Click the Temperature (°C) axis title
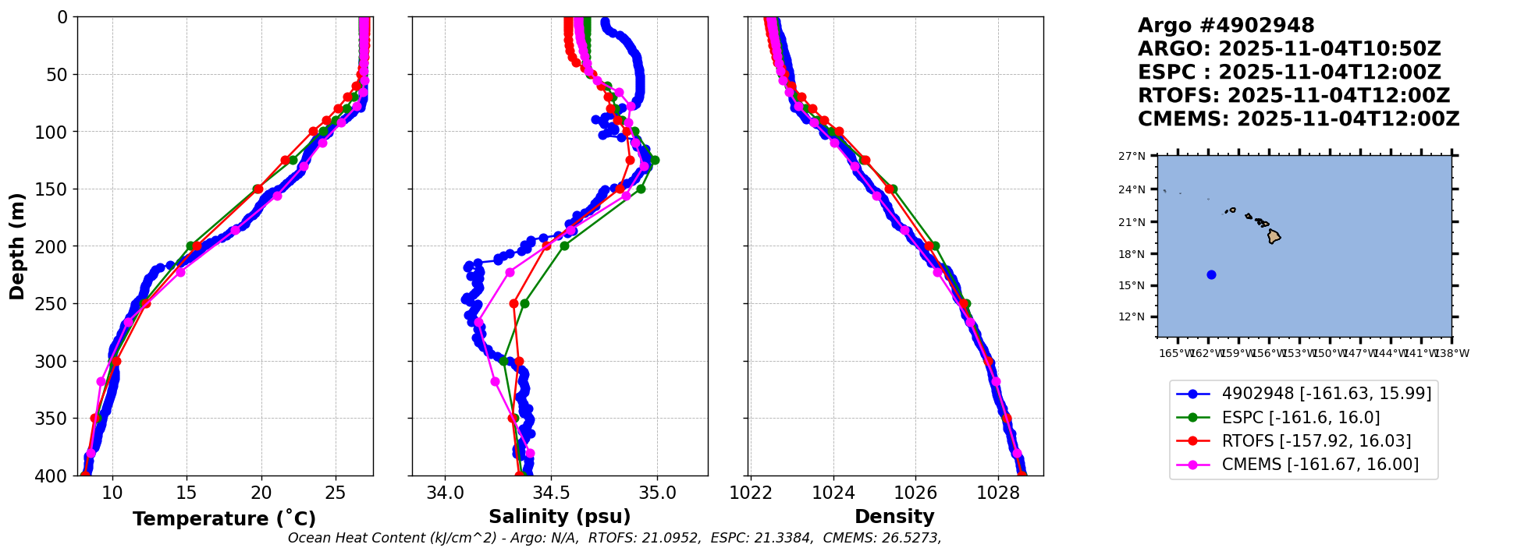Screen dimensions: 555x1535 [x=224, y=519]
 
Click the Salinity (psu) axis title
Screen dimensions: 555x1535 [x=560, y=517]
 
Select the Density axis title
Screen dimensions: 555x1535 [x=894, y=517]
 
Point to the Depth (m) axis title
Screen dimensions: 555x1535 [x=17, y=246]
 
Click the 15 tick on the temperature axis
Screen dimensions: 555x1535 [x=187, y=493]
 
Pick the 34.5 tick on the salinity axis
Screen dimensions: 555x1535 [x=551, y=493]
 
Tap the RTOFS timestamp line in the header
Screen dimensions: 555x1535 [x=1294, y=96]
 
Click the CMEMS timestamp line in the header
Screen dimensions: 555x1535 [x=1299, y=119]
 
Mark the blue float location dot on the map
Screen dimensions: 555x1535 [x=1211, y=274]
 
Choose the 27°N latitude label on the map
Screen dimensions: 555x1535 [x=1132, y=156]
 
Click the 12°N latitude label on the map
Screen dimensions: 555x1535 [x=1132, y=316]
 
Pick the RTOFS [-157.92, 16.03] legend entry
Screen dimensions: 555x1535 [x=1316, y=441]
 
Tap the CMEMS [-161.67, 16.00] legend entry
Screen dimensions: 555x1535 [x=1320, y=465]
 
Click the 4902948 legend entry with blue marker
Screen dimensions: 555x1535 [x=1326, y=394]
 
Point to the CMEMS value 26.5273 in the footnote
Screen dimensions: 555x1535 [x=910, y=538]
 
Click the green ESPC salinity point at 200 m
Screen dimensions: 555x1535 [x=564, y=246]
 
